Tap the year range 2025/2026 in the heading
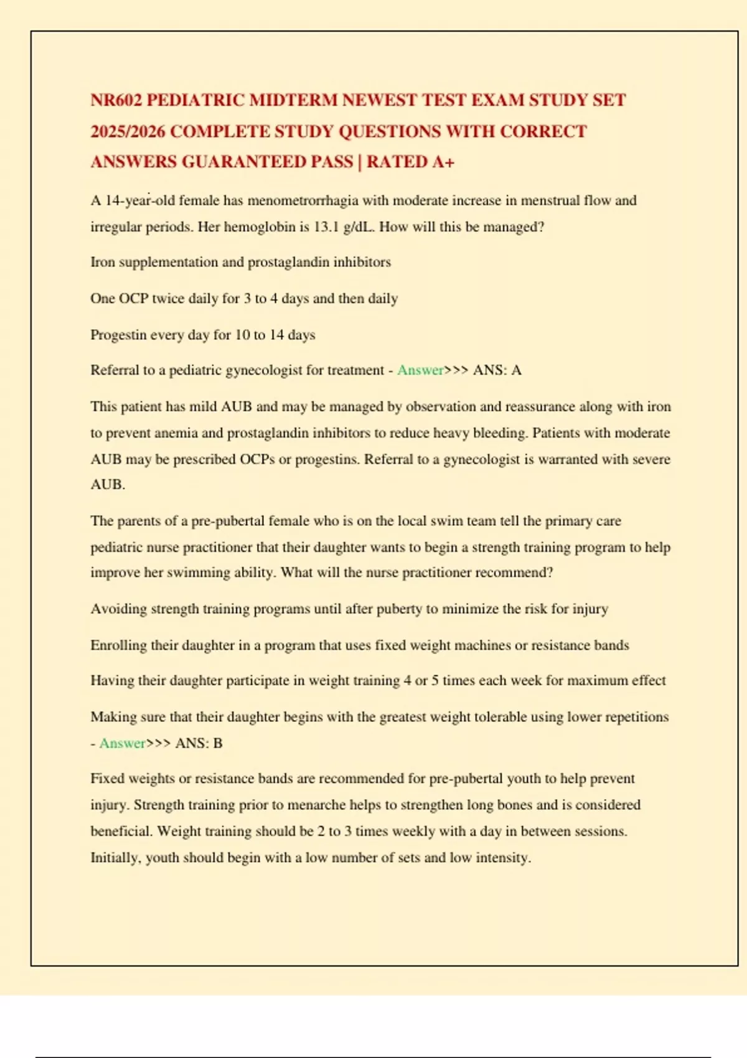[x=128, y=131]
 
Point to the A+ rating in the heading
[x=443, y=162]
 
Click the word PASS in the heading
[x=332, y=162]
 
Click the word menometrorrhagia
[x=303, y=200]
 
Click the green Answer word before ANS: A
[x=420, y=370]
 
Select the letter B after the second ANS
[x=218, y=743]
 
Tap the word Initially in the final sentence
[x=115, y=858]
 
